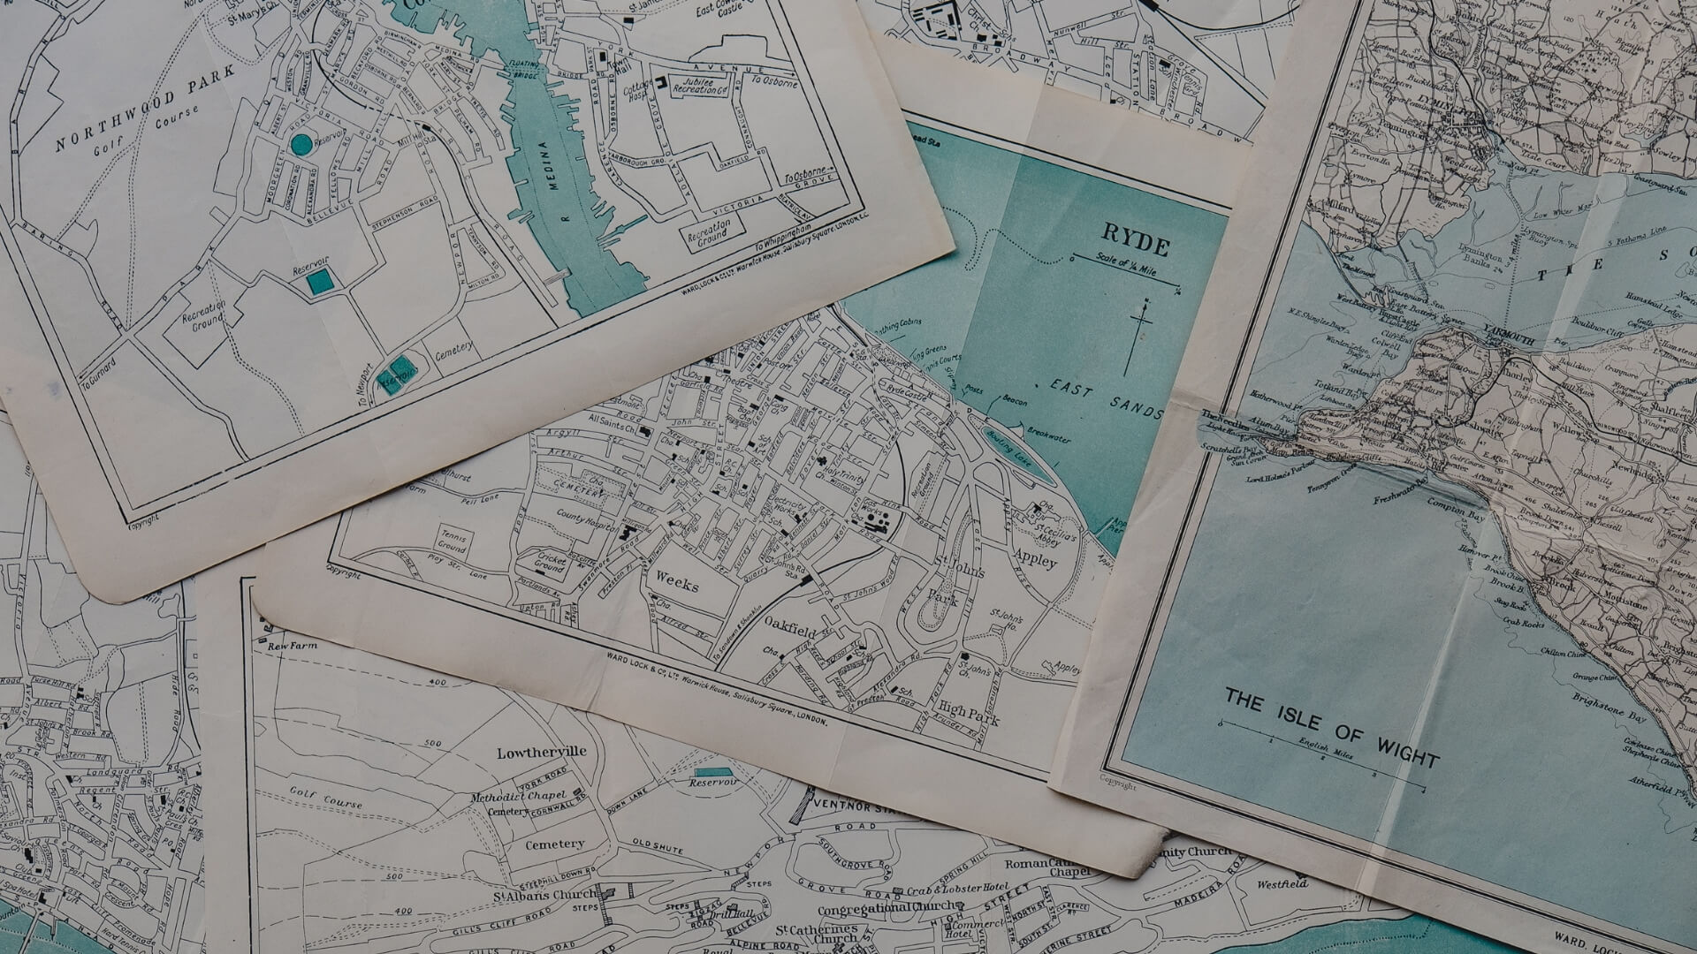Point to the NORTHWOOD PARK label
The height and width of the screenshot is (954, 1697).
point(145,108)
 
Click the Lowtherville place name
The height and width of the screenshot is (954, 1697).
point(541,753)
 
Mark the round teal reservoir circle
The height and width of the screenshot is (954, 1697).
point(301,144)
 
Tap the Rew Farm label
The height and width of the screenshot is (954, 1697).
point(292,646)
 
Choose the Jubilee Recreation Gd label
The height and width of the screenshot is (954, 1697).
point(701,86)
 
